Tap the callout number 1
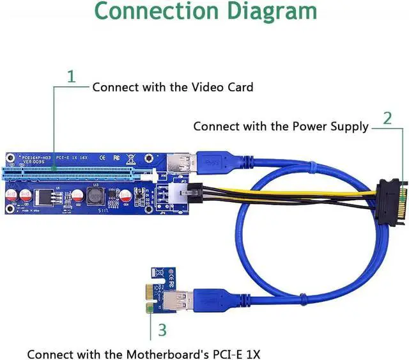(x=72, y=77)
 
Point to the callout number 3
(x=162, y=330)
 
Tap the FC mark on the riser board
(x=116, y=157)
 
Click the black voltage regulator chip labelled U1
(x=45, y=194)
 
